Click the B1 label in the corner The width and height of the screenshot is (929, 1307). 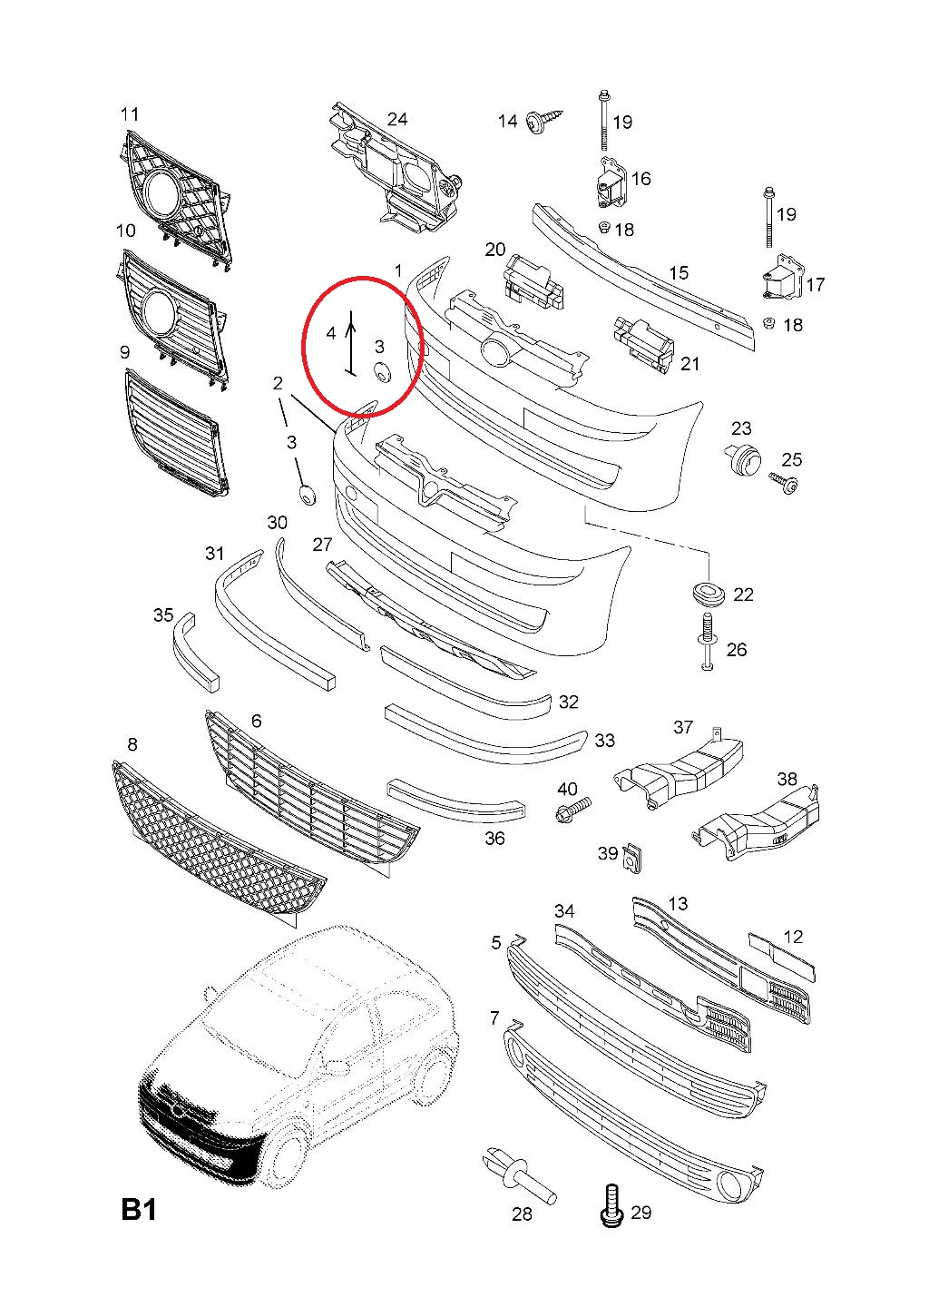[x=139, y=1211]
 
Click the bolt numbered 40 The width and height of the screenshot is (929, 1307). [x=572, y=807]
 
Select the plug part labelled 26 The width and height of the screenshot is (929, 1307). [x=708, y=644]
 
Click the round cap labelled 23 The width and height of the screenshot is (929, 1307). [x=744, y=458]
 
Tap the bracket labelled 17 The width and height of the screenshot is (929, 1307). [x=781, y=278]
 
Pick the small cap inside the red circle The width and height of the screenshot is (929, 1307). [x=381, y=370]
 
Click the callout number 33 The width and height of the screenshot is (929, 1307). [x=604, y=741]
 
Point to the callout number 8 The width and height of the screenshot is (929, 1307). [x=132, y=744]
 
